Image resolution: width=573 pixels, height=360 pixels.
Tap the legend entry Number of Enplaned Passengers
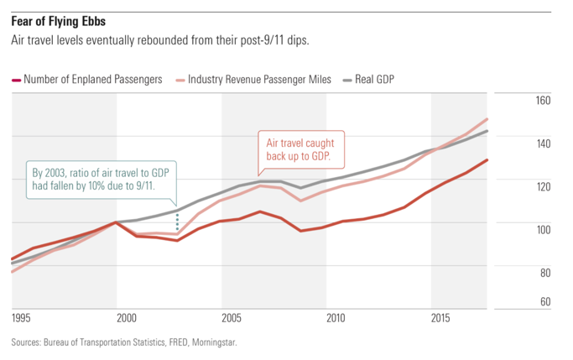point(92,80)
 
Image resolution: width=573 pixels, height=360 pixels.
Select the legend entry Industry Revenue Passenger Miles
point(260,80)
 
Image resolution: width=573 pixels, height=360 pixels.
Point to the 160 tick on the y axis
point(542,101)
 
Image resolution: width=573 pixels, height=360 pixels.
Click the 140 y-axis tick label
point(542,144)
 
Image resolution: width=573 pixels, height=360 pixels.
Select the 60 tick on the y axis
point(544,302)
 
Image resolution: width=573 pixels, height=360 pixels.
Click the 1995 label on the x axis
point(23,319)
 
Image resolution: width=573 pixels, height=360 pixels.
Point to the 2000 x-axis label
point(128,319)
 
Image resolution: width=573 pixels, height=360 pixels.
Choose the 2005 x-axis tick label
point(232,319)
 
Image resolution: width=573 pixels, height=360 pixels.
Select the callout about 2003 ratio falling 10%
point(99,179)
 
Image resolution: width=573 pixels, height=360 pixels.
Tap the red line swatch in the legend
point(16,80)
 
